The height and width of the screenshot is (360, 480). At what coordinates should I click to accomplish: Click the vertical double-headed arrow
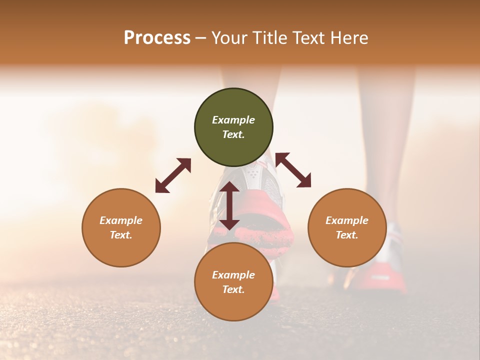click(229, 205)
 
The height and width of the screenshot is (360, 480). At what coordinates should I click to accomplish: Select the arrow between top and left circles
click(173, 175)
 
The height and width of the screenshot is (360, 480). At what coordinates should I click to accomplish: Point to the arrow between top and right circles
click(293, 170)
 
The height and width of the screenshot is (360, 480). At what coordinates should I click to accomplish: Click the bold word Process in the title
click(157, 37)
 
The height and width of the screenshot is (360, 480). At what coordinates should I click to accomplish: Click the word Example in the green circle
click(233, 120)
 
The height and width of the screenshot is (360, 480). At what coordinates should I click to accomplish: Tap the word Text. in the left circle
click(121, 235)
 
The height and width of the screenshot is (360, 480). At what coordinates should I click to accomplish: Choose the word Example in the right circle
click(347, 220)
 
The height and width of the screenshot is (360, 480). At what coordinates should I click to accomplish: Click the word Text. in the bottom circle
click(233, 289)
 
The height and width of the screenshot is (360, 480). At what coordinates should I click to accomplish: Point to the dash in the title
click(201, 38)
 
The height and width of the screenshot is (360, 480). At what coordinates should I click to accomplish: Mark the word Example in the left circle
click(121, 220)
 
